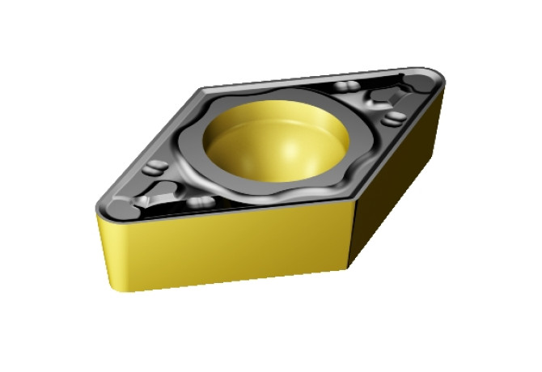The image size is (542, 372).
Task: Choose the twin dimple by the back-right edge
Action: click(x=348, y=87)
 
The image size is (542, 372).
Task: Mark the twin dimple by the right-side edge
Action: click(x=393, y=119)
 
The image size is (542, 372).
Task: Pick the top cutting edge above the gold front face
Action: click(x=235, y=209)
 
